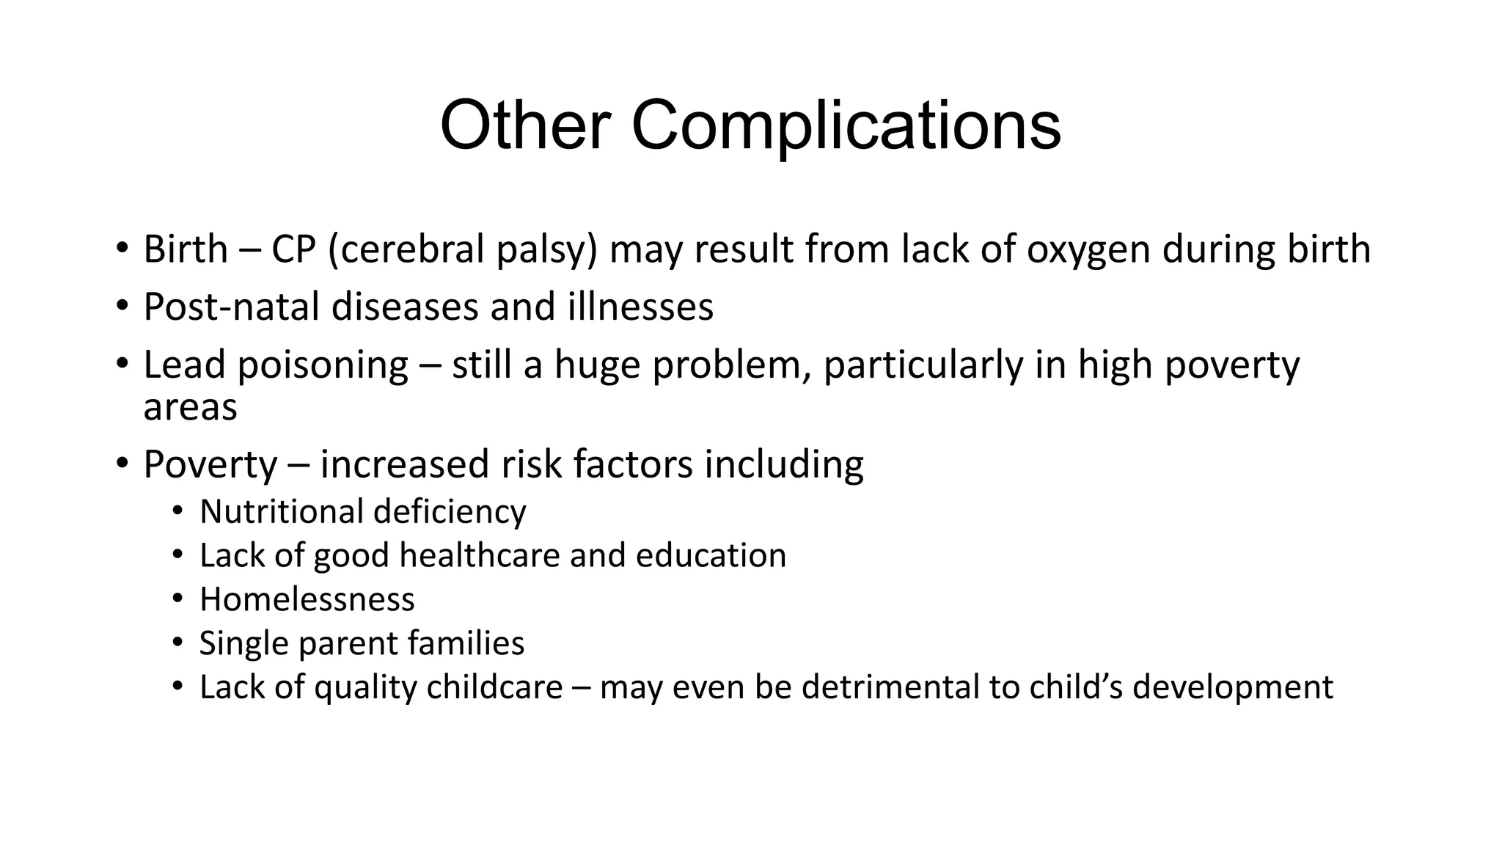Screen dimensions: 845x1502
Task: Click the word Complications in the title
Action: tap(846, 126)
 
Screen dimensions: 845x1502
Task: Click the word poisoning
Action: tap(323, 365)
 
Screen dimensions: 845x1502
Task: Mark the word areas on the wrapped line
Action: tap(190, 408)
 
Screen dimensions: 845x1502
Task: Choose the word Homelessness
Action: tap(307, 599)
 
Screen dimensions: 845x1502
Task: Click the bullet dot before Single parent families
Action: tap(177, 643)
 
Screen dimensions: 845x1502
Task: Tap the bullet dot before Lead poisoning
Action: tap(121, 364)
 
